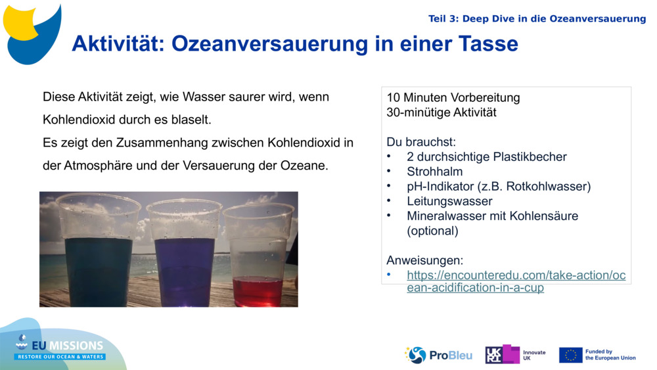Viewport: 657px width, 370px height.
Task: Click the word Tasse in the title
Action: [x=487, y=44]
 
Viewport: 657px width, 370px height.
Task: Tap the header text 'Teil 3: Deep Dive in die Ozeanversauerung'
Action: [x=537, y=18]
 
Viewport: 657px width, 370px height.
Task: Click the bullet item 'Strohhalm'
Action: [x=434, y=172]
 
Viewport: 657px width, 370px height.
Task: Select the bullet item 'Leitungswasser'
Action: [x=449, y=201]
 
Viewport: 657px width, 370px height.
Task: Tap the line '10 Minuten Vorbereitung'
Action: [x=453, y=98]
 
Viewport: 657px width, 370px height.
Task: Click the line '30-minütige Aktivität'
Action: [x=441, y=112]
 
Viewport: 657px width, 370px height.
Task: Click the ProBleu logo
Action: [x=438, y=355]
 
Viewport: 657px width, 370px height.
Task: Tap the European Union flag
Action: [x=570, y=355]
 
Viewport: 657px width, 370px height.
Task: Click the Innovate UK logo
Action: [x=514, y=355]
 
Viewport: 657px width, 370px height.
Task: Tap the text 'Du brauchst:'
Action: [x=420, y=142]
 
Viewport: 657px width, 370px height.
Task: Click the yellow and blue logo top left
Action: [x=31, y=32]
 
